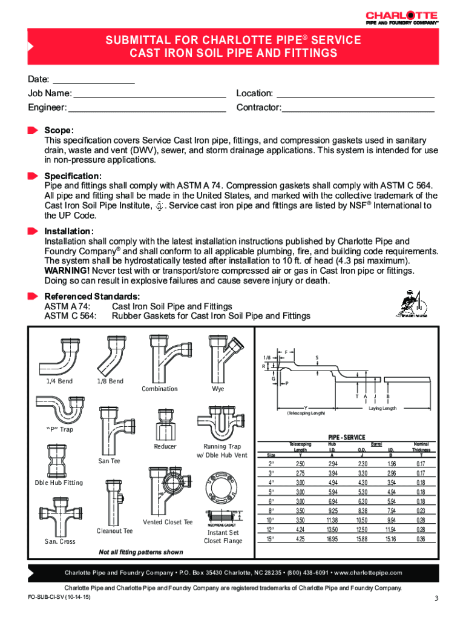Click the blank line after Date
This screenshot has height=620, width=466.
pyautogui.click(x=93, y=82)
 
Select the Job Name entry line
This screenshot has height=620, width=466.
pyautogui.click(x=149, y=96)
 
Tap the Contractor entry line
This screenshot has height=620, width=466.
pyautogui.click(x=358, y=111)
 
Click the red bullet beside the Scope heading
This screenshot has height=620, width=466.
pyautogui.click(x=33, y=130)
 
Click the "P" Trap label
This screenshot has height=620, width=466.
pyautogui.click(x=59, y=429)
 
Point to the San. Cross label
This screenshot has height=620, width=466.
pyautogui.click(x=60, y=541)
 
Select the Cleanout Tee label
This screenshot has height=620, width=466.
pyautogui.click(x=114, y=531)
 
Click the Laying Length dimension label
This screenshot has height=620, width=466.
pyautogui.click(x=382, y=408)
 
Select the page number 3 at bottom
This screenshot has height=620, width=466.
pyautogui.click(x=435, y=599)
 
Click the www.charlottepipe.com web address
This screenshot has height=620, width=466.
pyautogui.click(x=367, y=573)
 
